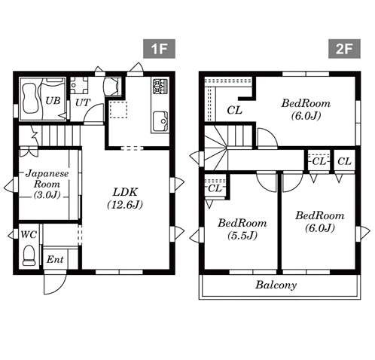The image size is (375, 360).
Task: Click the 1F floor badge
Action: (x=159, y=49)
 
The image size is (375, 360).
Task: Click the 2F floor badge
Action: (x=344, y=49)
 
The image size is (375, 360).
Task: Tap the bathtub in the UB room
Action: (x=30, y=98)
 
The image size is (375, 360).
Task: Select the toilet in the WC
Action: (x=29, y=255)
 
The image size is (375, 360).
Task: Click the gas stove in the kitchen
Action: (x=160, y=86)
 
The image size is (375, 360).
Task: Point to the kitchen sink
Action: (x=160, y=121)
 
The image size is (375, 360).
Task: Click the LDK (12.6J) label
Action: (x=125, y=198)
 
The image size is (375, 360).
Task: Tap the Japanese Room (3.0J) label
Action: (x=47, y=184)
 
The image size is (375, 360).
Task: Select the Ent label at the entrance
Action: (x=55, y=259)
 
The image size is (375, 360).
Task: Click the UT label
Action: (x=83, y=102)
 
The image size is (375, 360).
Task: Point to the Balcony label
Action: (x=276, y=285)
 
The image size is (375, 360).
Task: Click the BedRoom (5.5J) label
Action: (x=242, y=229)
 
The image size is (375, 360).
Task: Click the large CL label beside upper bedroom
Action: (x=234, y=110)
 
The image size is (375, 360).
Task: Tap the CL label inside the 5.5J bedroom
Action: (x=215, y=188)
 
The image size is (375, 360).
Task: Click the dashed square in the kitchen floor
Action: (x=118, y=109)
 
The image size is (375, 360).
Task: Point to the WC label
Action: (x=29, y=235)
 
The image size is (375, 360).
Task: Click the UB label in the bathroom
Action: (x=53, y=101)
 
